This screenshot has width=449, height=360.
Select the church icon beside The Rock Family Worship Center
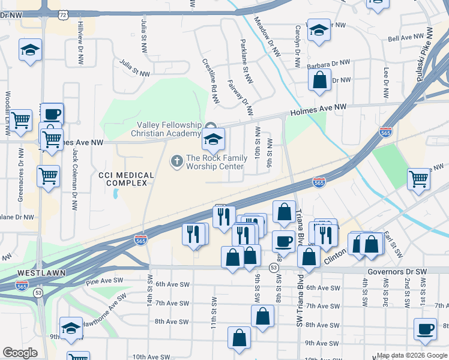pyautogui.click(x=176, y=160)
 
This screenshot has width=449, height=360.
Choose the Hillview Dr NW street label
pyautogui.click(x=80, y=41)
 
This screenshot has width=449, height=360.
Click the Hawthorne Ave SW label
pyautogui.click(x=105, y=305)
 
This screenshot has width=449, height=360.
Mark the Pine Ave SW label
pyautogui.click(x=104, y=280)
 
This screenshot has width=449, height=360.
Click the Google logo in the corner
pyautogui.click(x=20, y=353)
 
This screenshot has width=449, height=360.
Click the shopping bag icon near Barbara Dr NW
pyautogui.click(x=320, y=79)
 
